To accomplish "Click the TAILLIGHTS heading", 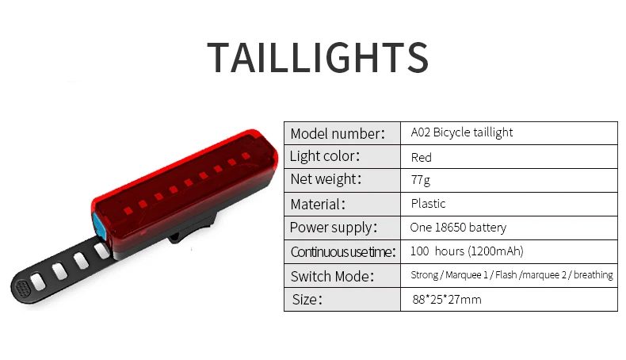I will point(318,58).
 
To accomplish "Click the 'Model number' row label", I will point(337,133).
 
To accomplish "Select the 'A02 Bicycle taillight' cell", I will point(461,132).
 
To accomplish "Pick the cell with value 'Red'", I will point(421,157).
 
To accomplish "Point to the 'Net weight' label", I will point(326,180).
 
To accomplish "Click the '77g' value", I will point(421,180).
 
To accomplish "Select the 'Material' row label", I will point(318,204).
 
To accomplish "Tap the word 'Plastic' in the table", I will point(428,204).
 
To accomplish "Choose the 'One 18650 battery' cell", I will point(458,228).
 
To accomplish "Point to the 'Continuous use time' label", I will point(342,252).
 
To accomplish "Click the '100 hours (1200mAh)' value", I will point(467,251).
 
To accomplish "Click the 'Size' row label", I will point(307,300).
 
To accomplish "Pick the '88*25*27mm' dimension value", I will point(446,300).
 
